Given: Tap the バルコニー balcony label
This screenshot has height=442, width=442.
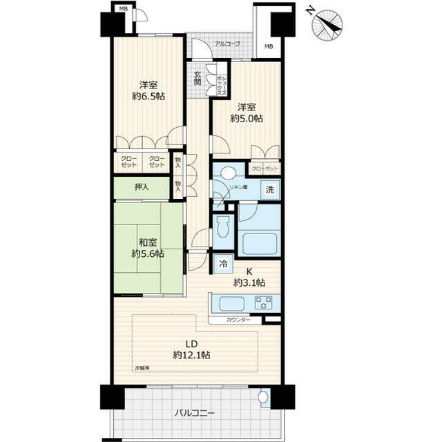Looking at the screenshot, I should (x=194, y=413).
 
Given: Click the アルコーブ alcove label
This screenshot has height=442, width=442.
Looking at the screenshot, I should (x=227, y=44).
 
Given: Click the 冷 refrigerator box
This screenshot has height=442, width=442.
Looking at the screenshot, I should (x=223, y=262).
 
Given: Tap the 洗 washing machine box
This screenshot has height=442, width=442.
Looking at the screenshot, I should (x=271, y=190).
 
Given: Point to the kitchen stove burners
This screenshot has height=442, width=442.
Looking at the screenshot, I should (x=264, y=302).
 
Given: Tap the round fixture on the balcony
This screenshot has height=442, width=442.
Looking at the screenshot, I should (x=262, y=398).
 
